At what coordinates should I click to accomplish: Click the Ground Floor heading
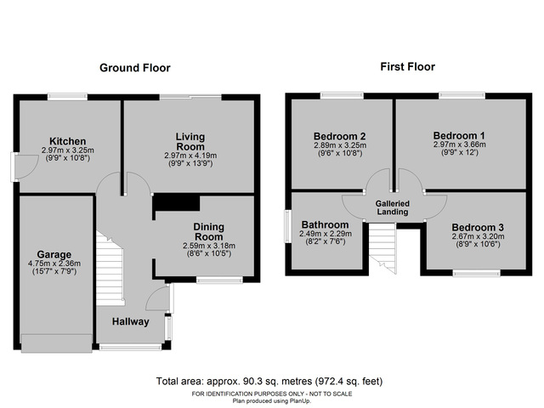135,68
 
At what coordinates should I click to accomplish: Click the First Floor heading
406,66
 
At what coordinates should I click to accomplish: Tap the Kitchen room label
68,141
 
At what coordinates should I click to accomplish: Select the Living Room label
190,141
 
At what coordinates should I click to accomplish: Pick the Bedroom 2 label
339,136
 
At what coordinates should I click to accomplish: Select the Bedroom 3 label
477,228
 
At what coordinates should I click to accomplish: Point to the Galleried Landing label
392,207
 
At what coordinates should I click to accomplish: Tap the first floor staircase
383,246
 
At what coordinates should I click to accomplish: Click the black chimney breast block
176,202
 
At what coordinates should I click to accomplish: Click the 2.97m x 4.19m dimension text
190,156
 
